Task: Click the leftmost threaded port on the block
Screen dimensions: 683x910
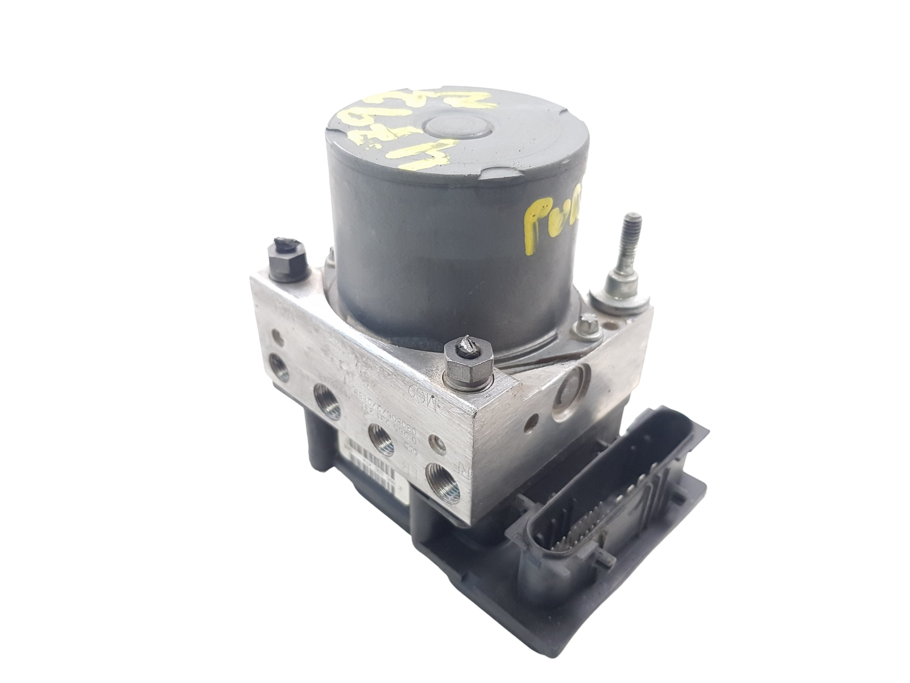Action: coord(280,365)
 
